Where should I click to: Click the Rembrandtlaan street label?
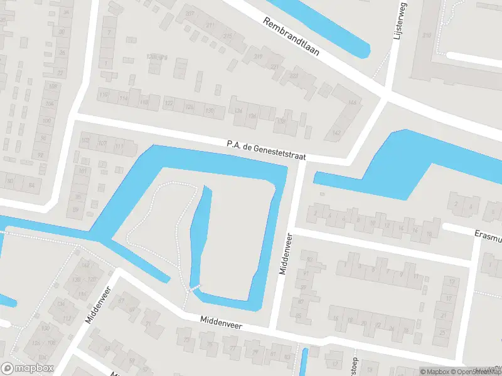click(291, 36)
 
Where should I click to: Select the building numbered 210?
click(427, 35)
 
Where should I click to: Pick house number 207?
click(190, 14)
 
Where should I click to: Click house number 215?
click(227, 36)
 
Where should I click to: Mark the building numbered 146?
click(352, 102)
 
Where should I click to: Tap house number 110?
click(145, 102)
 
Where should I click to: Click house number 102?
click(85, 140)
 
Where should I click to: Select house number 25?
click(444, 333)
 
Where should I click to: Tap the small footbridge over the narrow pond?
click(195, 288)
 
